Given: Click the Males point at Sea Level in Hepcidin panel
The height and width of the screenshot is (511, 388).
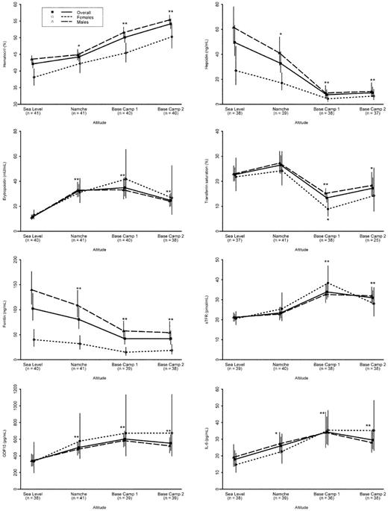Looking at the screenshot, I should coord(234,28).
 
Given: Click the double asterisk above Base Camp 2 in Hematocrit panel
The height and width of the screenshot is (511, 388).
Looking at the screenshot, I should coord(171,12).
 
